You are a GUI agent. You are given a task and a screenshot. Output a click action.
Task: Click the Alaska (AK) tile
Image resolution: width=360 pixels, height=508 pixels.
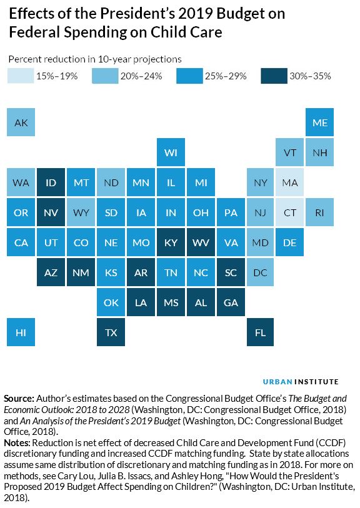click(x=21, y=122)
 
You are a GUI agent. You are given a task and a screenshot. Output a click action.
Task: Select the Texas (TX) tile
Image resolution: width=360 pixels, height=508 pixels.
click(x=111, y=332)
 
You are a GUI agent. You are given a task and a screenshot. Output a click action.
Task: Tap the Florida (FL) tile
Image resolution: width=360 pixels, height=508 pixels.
click(x=260, y=332)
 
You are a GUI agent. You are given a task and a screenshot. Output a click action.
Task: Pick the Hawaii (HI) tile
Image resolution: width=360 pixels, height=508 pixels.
click(x=21, y=332)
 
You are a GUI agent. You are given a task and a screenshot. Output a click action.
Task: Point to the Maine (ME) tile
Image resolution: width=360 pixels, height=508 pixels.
click(x=320, y=122)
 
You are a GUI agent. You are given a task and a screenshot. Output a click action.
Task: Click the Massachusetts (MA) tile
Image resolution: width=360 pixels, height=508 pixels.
click(x=290, y=182)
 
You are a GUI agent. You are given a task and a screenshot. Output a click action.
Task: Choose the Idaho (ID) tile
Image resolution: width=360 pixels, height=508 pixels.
click(x=51, y=182)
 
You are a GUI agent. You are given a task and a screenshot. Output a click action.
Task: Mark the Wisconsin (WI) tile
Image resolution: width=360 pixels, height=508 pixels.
click(x=171, y=152)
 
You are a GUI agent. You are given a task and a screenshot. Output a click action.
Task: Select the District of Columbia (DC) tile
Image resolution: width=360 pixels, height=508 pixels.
click(x=260, y=272)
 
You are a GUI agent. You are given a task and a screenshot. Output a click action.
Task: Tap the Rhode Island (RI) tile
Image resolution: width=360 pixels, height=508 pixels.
click(x=320, y=212)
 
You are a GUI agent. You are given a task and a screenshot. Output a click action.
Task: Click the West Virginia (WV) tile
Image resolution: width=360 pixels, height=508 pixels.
click(x=201, y=242)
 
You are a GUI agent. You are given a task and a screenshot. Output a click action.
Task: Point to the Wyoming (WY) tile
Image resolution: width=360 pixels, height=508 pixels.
click(x=81, y=212)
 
